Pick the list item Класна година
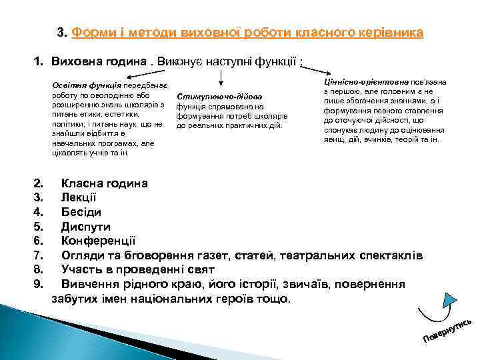point(105,183)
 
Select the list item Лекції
point(79,198)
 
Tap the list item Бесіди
point(81,212)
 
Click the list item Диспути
point(86,227)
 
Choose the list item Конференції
point(99,241)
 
